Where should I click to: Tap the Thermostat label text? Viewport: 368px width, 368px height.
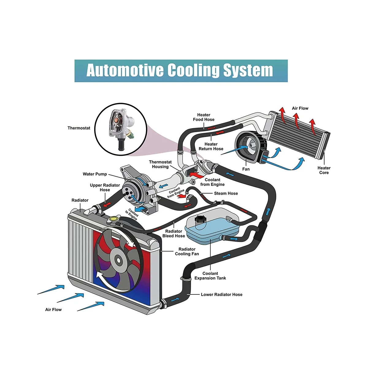point(79,128)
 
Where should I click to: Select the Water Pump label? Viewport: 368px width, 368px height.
point(95,174)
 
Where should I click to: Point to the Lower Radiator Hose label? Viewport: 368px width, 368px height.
point(221,294)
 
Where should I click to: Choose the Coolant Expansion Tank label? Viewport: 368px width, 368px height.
point(210,276)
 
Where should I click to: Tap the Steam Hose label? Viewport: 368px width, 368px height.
point(226,193)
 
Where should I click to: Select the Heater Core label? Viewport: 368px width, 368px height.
point(324,170)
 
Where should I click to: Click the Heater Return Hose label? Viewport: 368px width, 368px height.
point(211,146)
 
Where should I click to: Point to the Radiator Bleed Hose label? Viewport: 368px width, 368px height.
point(174,233)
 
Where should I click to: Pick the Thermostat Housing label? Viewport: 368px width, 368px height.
point(160,164)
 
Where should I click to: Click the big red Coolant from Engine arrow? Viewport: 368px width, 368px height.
point(196,175)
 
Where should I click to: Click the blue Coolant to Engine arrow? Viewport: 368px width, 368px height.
point(141,209)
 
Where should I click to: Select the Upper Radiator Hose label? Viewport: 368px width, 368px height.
point(105,187)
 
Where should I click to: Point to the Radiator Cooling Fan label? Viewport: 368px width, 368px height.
point(187,251)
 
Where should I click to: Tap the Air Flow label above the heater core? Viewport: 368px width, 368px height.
point(300,108)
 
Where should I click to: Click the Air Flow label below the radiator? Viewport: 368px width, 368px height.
point(53,309)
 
